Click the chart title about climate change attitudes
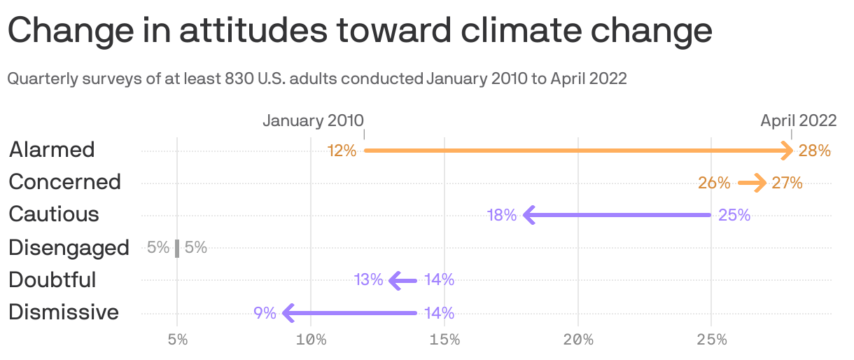click(360, 32)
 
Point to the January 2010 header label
click(313, 120)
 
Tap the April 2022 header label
click(798, 120)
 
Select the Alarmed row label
click(52, 149)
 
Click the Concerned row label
click(64, 181)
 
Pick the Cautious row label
click(54, 214)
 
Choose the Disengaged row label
click(69, 247)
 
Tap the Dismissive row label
click(64, 312)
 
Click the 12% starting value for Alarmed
click(342, 151)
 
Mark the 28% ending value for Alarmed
click(814, 151)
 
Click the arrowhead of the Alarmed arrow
click(787, 151)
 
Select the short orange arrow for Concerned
click(752, 184)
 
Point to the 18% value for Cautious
click(502, 215)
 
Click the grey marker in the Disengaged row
click(177, 248)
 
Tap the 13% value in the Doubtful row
click(368, 280)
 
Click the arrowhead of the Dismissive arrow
click(288, 313)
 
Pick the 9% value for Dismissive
click(265, 313)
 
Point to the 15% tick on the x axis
click(444, 340)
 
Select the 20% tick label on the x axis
click(578, 340)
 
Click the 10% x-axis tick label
click(311, 340)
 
